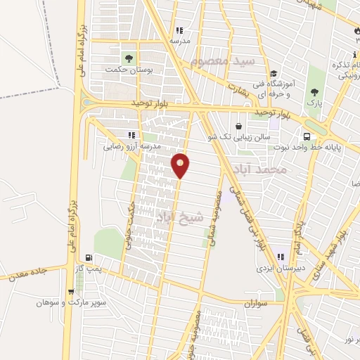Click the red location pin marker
coord(181,165)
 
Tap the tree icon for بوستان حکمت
coord(128,58)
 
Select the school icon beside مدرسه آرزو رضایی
coord(131,135)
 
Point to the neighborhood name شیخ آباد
coord(179,217)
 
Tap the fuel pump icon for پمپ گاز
coord(88,257)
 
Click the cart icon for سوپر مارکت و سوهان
coord(71,292)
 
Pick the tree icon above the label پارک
coord(314,92)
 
